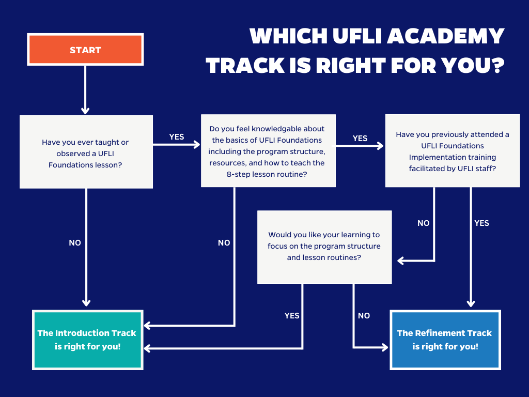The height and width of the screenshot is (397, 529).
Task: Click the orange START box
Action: point(85,49)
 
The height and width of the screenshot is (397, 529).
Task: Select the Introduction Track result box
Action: point(88,340)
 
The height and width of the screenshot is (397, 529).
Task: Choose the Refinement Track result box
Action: point(445,340)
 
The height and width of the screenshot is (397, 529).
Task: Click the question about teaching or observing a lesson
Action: point(86,152)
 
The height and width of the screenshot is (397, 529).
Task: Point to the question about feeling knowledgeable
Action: point(268,150)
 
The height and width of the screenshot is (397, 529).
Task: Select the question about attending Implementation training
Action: point(453,150)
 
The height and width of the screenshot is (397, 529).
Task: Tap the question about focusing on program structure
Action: point(324,247)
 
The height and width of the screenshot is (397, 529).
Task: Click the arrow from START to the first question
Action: point(85,90)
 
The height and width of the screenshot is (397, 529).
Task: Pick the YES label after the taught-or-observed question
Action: point(177,136)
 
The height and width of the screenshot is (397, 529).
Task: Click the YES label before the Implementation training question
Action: point(360,139)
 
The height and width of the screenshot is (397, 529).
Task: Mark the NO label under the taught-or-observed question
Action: point(75,243)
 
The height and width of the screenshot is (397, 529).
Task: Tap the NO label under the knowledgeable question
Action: point(224,243)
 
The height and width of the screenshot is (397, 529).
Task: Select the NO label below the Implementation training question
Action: point(424,223)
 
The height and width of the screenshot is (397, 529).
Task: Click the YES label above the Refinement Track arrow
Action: point(482,223)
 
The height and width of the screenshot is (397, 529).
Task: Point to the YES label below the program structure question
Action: point(292,316)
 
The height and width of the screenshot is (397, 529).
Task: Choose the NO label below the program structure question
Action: point(364,316)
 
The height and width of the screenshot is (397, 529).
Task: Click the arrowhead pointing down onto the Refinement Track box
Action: point(471,303)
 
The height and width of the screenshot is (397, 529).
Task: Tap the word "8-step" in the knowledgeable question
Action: point(240,174)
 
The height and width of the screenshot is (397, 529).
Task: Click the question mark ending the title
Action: point(498,65)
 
